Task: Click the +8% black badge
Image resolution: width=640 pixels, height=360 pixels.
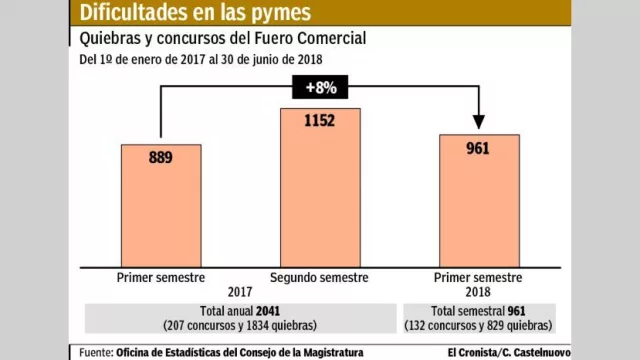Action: point(319,87)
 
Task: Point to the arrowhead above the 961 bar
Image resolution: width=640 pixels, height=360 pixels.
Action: point(479,123)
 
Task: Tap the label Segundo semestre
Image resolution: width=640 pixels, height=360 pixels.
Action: point(320,278)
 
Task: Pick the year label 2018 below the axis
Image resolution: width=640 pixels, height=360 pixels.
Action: point(479,292)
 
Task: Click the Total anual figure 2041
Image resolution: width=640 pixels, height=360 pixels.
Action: point(269,311)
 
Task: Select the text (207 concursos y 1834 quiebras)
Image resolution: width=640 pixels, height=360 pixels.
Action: point(240,326)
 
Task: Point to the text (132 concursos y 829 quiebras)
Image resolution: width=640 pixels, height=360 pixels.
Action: point(479,326)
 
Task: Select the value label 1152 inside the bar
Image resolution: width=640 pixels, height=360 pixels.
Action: point(320,122)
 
